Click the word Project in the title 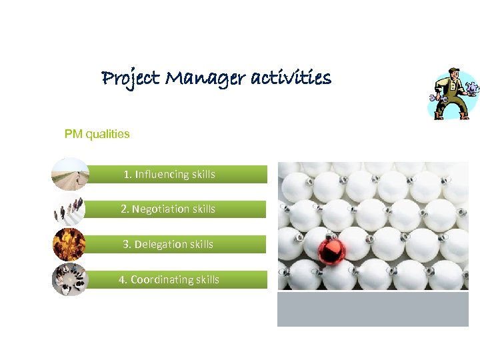click(131, 79)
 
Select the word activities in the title click(291, 79)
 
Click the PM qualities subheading click(97, 134)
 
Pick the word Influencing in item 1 click(162, 175)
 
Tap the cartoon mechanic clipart click(453, 94)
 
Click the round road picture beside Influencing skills click(70, 174)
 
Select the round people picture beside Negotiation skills click(69, 209)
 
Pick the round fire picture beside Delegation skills click(69, 245)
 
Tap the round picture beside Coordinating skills click(70, 279)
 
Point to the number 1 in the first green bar click(127, 175)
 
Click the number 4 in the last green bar click(122, 279)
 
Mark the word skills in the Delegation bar click(202, 244)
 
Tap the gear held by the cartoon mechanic click(473, 87)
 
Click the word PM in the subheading click(73, 134)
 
